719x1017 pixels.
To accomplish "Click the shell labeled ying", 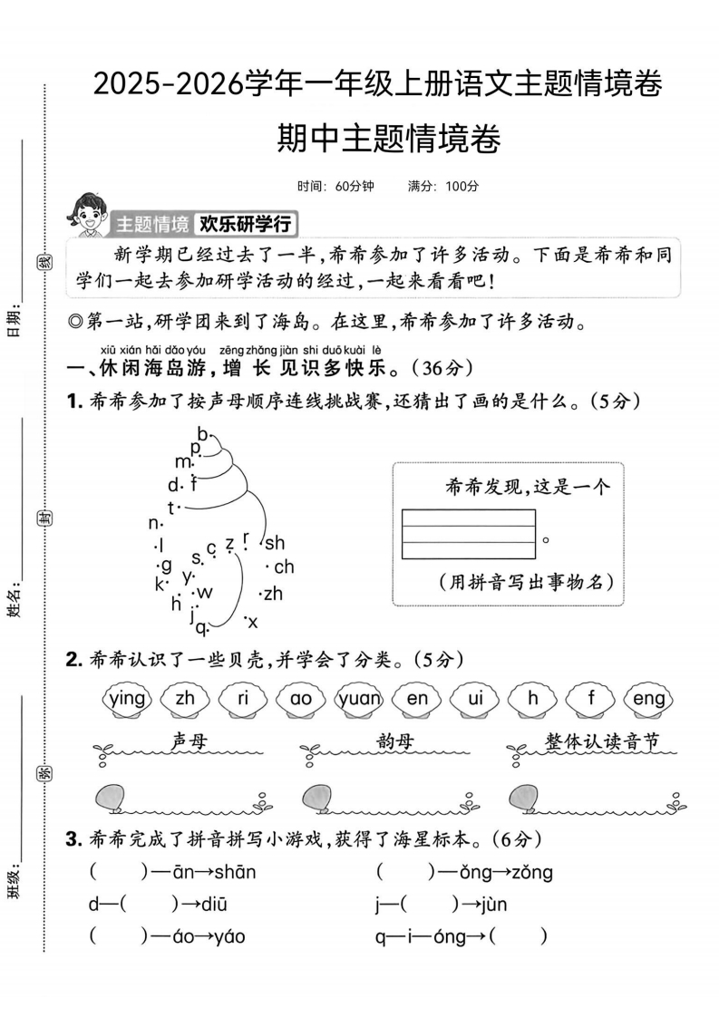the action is [x=126, y=699].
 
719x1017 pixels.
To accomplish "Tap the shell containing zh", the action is [x=185, y=699].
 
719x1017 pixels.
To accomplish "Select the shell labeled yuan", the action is [x=359, y=699].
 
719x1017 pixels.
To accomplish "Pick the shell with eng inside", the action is [x=649, y=699].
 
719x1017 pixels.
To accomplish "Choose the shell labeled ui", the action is [x=475, y=699].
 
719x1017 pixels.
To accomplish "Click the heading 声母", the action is [x=189, y=741].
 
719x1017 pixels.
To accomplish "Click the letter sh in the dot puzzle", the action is [x=274, y=543].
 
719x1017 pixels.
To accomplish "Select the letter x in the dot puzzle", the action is [x=252, y=622].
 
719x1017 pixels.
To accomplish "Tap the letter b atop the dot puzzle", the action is [x=202, y=432].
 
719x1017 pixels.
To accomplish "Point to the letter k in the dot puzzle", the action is [x=160, y=583].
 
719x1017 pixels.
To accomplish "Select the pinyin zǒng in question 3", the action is [x=528, y=872].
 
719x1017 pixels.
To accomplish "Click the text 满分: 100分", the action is [x=443, y=186].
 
